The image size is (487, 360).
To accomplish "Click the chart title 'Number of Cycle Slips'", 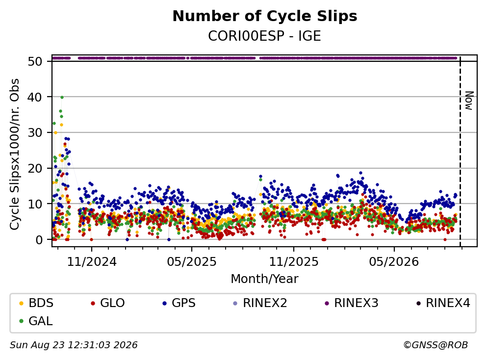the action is (265, 16).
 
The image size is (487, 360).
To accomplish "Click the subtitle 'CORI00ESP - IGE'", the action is (264, 36).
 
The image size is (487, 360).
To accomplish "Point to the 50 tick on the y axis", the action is (35, 61).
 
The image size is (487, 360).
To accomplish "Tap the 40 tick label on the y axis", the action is (35, 97).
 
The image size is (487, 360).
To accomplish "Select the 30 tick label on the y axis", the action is (35, 133).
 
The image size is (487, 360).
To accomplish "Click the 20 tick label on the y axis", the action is (35, 168).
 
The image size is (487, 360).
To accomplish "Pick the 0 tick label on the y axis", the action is (39, 240).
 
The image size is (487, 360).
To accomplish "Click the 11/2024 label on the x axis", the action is (92, 262).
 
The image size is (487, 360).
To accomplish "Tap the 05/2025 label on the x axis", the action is (192, 262).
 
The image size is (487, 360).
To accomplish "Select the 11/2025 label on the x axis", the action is (293, 262).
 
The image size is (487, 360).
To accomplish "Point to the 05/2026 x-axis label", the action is (394, 262).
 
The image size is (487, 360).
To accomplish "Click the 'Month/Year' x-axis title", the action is (264, 279).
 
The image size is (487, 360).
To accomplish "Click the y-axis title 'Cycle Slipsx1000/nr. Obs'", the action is (15, 154).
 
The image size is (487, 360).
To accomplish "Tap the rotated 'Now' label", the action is (469, 101).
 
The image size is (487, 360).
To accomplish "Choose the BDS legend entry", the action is (36, 303).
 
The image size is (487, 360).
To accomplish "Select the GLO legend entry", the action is (108, 303).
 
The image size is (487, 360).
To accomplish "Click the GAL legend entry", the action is (36, 321).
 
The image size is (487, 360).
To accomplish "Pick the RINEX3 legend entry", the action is (352, 303).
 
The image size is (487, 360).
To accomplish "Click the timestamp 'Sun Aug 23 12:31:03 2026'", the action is (74, 345).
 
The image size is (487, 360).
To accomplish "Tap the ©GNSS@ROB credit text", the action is (436, 345).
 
